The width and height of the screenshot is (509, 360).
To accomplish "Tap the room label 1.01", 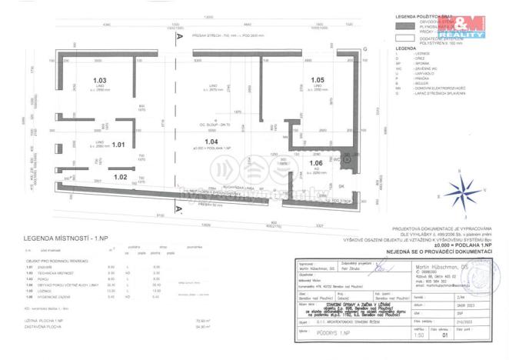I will coord(118,144).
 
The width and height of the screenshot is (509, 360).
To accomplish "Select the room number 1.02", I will coord(120,177).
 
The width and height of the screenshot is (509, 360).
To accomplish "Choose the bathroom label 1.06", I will coord(316,163).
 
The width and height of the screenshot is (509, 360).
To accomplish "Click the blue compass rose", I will coord(461,188).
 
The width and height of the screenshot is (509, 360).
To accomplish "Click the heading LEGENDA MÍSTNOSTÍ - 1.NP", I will coord(68,239).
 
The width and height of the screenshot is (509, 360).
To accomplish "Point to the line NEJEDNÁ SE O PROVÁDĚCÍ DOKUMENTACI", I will coord(440,250).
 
